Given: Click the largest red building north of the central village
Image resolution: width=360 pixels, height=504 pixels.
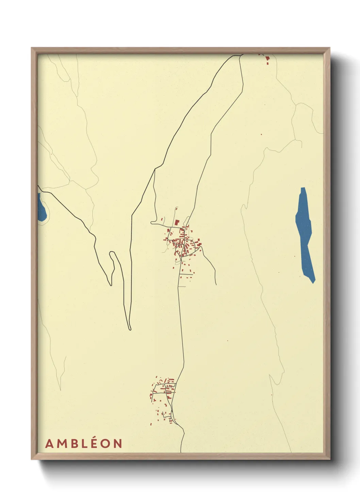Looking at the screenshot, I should (177, 222).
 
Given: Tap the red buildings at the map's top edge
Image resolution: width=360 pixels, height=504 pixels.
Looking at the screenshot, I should (267, 60).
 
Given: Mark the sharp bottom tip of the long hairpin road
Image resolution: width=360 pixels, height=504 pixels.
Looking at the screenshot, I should (130, 329).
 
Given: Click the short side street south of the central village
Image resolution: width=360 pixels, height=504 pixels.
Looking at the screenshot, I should (186, 274).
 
